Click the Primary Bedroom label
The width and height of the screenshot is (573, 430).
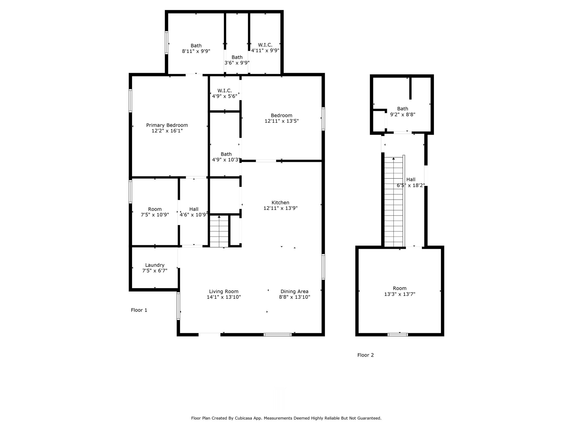(167, 125)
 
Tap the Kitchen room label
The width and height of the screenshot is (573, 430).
(280, 203)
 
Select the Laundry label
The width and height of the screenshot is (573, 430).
(155, 265)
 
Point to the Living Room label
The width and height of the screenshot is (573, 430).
(224, 291)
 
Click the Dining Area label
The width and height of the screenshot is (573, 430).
(294, 291)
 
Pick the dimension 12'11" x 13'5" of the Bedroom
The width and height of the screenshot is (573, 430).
(282, 121)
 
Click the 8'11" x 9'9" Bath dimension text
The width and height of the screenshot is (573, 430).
(196, 51)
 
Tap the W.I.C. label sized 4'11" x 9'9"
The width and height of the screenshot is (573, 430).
(265, 45)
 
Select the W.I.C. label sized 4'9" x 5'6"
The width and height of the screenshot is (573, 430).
(225, 91)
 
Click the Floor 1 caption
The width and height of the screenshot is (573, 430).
(139, 310)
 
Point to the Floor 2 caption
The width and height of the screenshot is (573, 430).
(365, 355)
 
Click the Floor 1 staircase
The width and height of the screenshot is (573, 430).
(219, 231)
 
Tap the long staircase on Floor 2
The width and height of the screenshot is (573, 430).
(394, 202)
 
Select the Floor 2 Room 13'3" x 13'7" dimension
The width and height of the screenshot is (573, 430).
(400, 294)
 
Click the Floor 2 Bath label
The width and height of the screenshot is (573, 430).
(403, 109)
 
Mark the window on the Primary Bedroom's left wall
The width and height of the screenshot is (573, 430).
(130, 101)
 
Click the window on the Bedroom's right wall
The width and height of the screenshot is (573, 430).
(323, 119)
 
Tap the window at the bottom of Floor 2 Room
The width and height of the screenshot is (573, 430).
(398, 335)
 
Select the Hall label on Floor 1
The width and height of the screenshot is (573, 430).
(194, 209)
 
